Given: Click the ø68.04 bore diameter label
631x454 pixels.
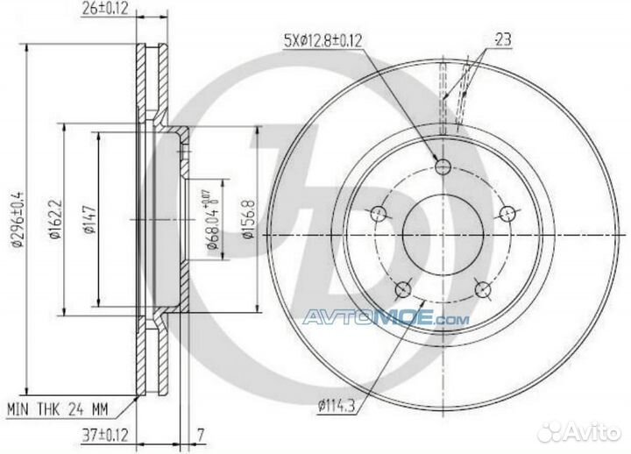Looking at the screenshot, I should coord(212,222).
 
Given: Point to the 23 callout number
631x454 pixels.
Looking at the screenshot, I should coord(503,38).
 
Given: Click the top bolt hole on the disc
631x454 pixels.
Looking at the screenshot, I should coord(443,167).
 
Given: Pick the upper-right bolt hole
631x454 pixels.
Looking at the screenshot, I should coord(507,213).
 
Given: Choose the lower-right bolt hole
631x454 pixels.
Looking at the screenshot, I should coord(481,288).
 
